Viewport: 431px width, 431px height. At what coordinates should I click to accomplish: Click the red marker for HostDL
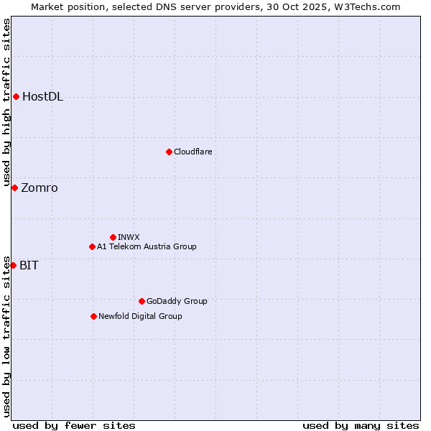coord(16,97)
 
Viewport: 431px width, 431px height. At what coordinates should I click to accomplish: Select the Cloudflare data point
coord(169,152)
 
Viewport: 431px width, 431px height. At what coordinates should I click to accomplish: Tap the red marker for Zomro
coord(14,188)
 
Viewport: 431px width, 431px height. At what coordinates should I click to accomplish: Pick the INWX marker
coord(113,237)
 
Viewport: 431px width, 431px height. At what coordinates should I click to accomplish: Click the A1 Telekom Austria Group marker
coord(92,247)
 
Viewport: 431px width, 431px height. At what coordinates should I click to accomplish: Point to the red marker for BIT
coord(13,265)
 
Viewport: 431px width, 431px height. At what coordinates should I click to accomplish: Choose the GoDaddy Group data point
coord(142,301)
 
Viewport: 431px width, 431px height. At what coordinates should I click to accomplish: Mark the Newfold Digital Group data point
coord(93,316)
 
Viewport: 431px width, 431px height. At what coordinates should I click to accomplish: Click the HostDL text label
coord(42,97)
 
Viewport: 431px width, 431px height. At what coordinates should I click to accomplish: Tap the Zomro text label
coord(40,188)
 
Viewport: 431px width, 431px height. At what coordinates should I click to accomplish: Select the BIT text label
coord(29,265)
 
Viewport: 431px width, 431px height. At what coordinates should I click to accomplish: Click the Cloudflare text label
coord(193,152)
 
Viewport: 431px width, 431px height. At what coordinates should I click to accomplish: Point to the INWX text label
coord(129,237)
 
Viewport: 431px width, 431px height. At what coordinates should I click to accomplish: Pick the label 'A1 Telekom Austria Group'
coord(147,247)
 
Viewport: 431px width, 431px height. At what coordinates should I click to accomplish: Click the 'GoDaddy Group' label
coord(177,301)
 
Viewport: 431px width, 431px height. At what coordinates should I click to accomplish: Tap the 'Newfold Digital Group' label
coord(140,316)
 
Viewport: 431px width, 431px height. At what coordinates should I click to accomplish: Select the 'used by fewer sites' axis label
coord(74,425)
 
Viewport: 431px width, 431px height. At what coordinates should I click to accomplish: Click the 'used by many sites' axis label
coord(361,425)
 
